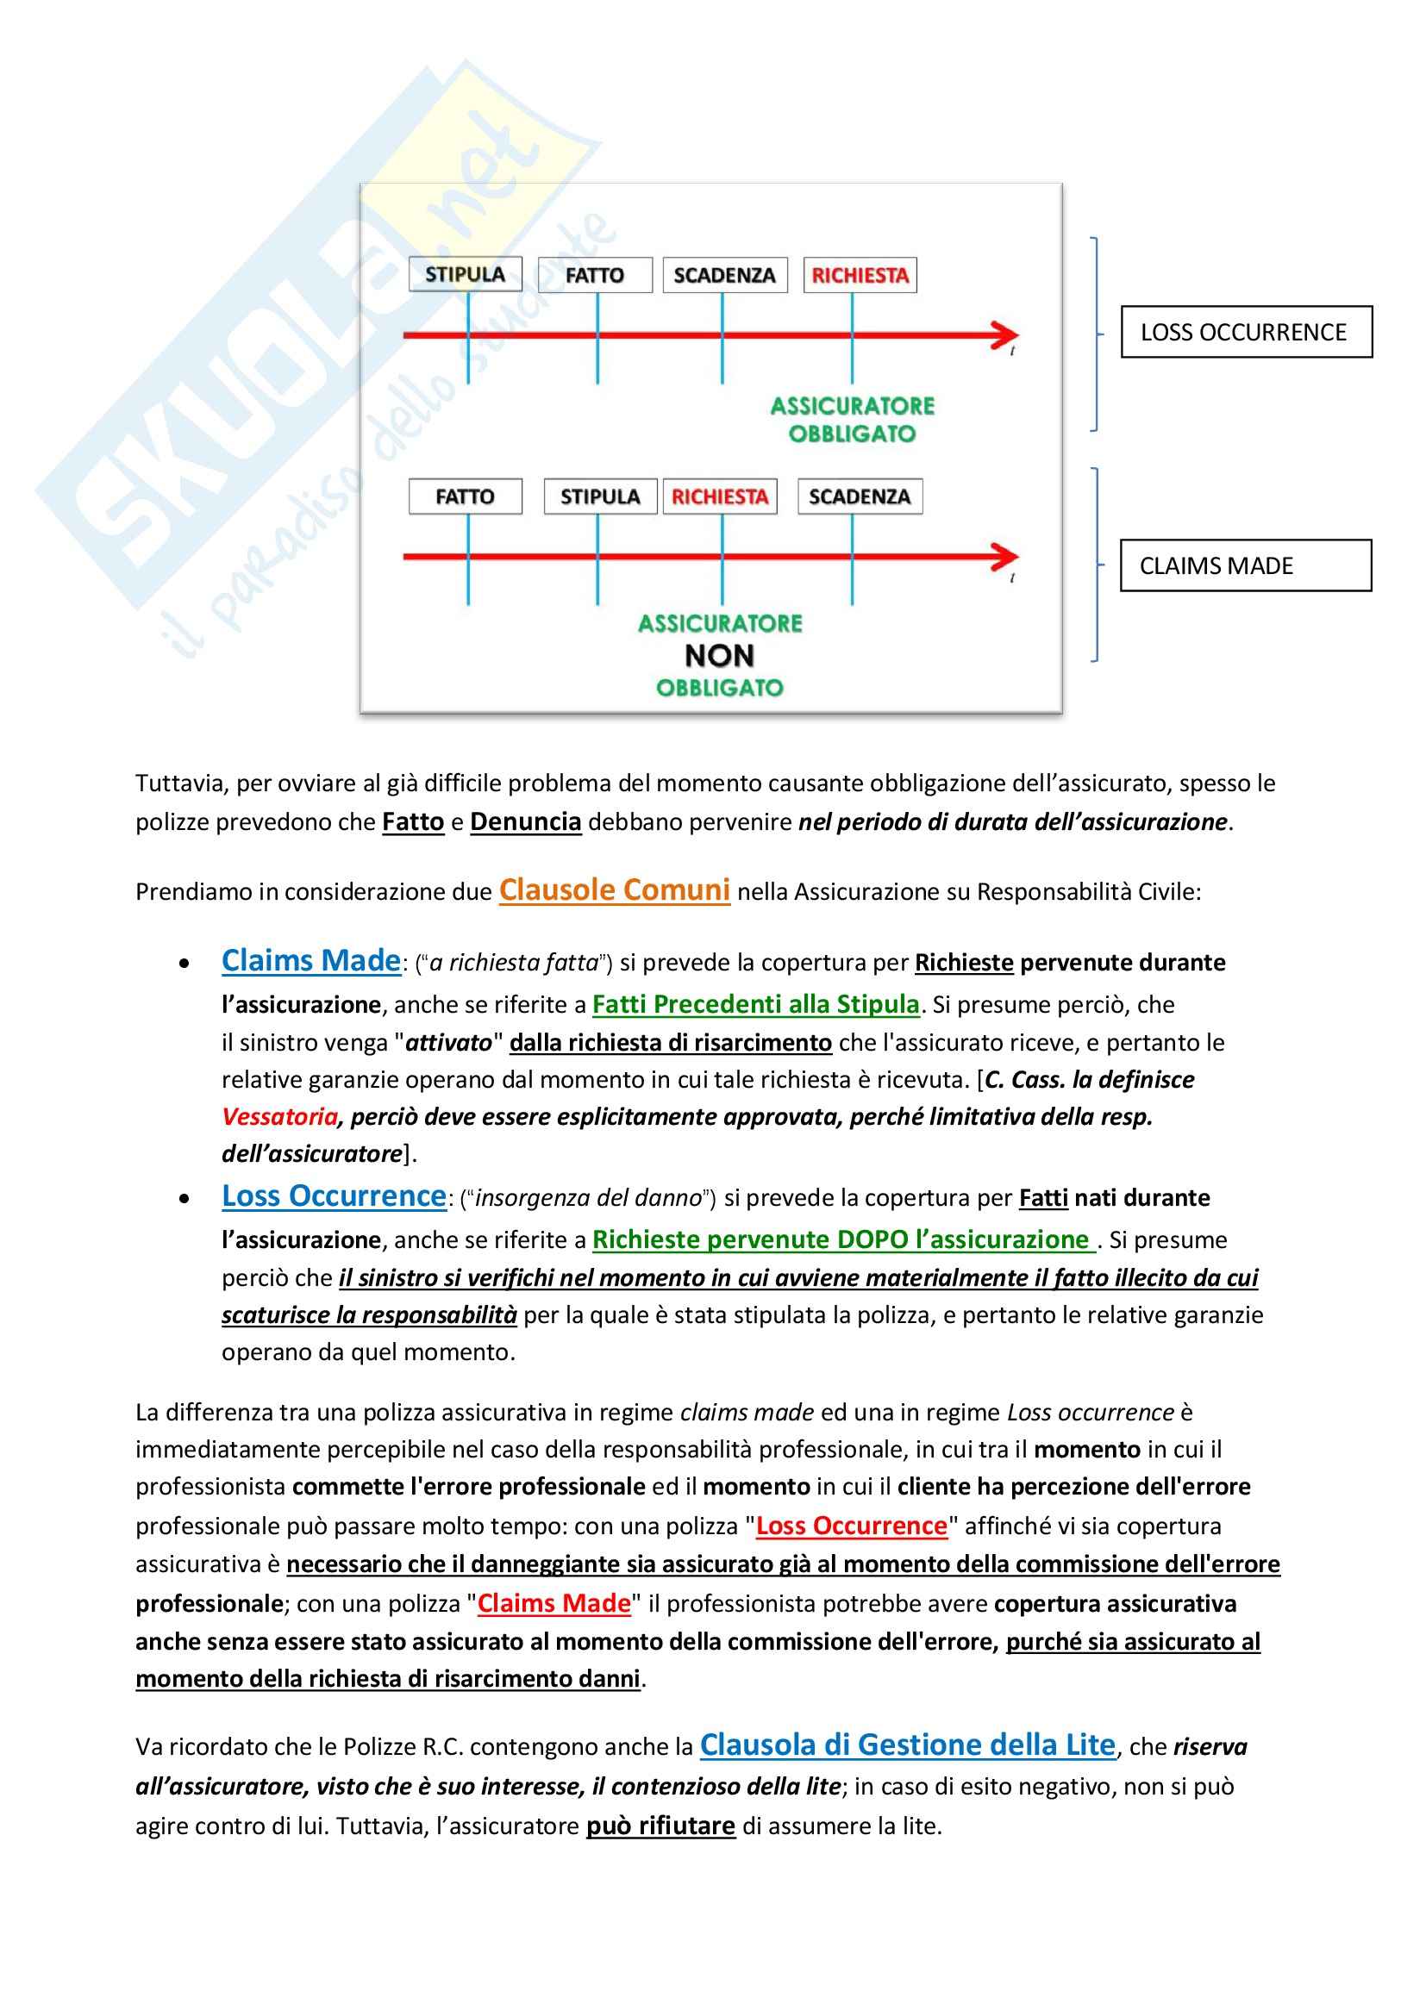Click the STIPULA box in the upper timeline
[465, 274]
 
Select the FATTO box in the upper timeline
[595, 275]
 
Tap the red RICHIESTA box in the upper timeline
[860, 275]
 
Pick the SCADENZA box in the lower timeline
[860, 496]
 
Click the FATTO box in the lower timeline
[465, 496]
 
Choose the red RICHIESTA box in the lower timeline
[720, 496]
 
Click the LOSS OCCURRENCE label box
[1245, 332]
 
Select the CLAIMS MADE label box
[1245, 565]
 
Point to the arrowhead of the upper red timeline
[1004, 334]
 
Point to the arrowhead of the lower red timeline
[1004, 556]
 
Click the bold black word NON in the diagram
[719, 656]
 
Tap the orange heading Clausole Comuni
[614, 890]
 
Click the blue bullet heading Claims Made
[311, 960]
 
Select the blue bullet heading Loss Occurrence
[334, 1196]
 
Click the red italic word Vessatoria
[279, 1117]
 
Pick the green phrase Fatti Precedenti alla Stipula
[755, 1003]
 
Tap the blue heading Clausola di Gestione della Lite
[907, 1744]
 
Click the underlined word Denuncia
[525, 822]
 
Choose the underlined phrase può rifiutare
[660, 1826]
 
